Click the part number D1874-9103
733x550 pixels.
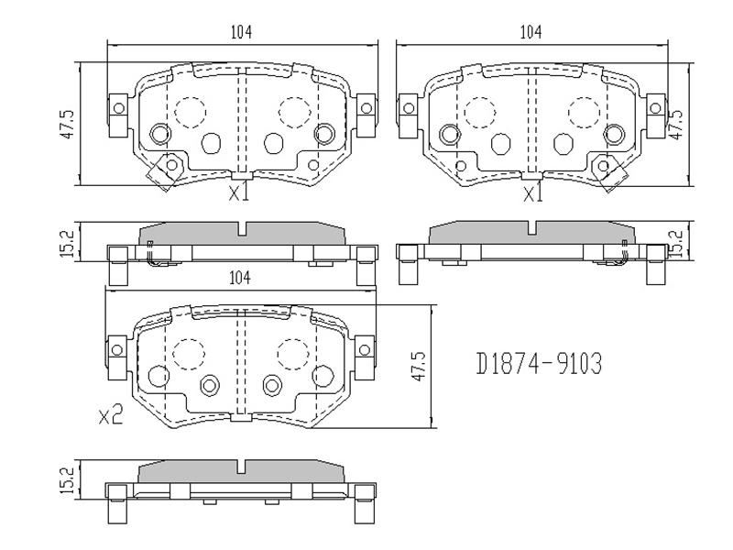(x=539, y=363)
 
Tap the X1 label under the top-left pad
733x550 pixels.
(x=239, y=192)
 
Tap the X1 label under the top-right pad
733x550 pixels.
(x=533, y=193)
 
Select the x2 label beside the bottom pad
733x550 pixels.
(x=111, y=414)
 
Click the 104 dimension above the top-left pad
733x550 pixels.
(x=241, y=32)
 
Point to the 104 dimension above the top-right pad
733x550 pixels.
(x=531, y=32)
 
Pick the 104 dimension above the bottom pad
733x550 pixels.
(x=240, y=278)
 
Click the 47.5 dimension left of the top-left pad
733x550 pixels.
(x=67, y=124)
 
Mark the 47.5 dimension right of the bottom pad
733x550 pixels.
(x=419, y=366)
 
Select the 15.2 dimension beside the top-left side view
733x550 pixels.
(x=67, y=243)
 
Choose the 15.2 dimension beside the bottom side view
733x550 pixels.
(x=67, y=480)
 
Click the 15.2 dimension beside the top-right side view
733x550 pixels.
(x=676, y=243)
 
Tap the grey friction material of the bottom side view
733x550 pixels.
(x=241, y=471)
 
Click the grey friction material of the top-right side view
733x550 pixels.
(x=532, y=233)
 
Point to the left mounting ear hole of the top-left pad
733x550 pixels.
(x=119, y=109)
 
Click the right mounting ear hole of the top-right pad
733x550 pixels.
(x=655, y=109)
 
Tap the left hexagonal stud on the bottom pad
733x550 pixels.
(x=209, y=385)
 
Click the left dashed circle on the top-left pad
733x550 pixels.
(x=191, y=112)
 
